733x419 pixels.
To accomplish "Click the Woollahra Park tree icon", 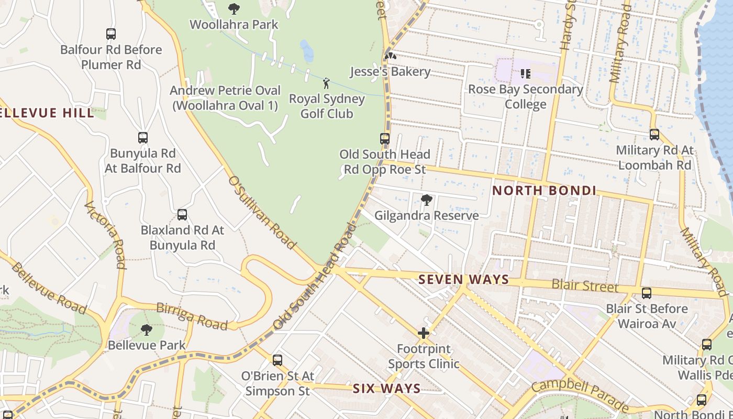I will coord(234,8).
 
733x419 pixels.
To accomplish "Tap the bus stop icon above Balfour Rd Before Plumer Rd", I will coord(111,34).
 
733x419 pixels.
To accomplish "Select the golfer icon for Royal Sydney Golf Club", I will coord(326,83).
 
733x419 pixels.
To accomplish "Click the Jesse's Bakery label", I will coord(390,72).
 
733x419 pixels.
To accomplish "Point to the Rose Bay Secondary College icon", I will coord(525,74).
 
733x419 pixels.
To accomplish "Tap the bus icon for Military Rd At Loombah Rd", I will coord(654,135).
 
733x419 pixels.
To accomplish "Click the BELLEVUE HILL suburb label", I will coord(47,113).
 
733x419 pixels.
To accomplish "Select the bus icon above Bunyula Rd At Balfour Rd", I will coord(142,138).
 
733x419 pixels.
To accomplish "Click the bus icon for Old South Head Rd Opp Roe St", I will coord(385,139).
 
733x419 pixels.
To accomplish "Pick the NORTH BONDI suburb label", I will coord(544,191).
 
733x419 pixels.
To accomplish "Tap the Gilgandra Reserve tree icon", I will coord(427,200).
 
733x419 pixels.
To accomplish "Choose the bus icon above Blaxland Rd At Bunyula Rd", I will coord(182,215).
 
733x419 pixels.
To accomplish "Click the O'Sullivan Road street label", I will coord(262,212).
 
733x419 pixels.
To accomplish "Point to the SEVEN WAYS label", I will coord(463,280).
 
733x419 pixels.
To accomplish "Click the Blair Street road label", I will coord(585,286).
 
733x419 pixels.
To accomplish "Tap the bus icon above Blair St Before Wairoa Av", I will coord(647,293).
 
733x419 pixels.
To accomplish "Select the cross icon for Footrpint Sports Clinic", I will coord(424,333).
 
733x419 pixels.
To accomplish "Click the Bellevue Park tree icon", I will coord(147,329).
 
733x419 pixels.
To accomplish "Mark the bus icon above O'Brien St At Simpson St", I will coord(277,360).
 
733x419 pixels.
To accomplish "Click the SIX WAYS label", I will coord(386,389).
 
